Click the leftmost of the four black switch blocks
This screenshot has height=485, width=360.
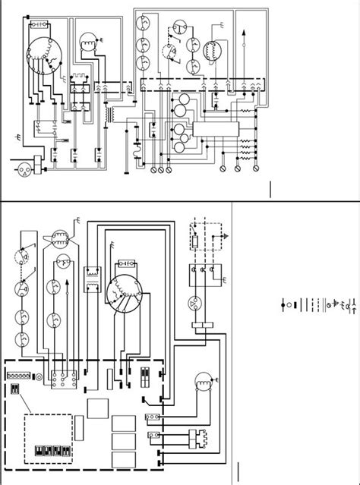[x=38, y=450]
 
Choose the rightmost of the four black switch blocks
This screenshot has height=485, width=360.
[x=68, y=450]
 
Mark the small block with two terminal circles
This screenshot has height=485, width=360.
[x=152, y=417]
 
